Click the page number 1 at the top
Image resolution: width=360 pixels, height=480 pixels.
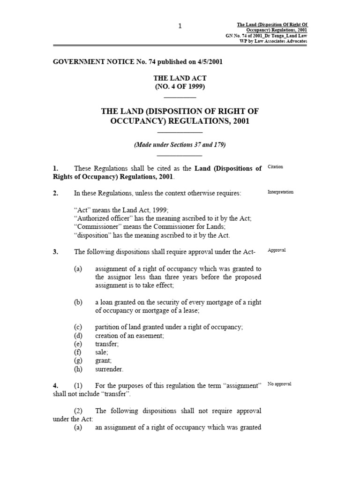pyautogui.click(x=180, y=26)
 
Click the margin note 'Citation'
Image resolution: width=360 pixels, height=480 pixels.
pyautogui.click(x=275, y=167)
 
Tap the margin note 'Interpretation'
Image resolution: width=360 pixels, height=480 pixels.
pyautogui.click(x=280, y=192)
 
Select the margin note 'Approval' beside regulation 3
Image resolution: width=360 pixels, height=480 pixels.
pyautogui.click(x=277, y=250)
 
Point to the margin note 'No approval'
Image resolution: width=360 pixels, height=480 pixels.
pyautogui.click(x=279, y=384)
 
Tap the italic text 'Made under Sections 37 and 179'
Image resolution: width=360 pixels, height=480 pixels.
pyautogui.click(x=180, y=145)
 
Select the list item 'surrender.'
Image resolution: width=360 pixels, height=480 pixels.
pyautogui.click(x=109, y=369)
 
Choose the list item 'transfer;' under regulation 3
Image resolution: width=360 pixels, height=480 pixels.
pyautogui.click(x=107, y=344)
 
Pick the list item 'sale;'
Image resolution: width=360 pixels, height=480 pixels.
pyautogui.click(x=102, y=352)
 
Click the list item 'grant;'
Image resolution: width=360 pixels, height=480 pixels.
pyautogui.click(x=103, y=360)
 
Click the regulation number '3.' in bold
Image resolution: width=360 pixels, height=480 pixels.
pyautogui.click(x=55, y=252)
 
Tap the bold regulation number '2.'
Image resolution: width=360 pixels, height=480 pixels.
pyautogui.click(x=55, y=193)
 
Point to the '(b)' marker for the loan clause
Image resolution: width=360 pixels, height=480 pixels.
pyautogui.click(x=78, y=302)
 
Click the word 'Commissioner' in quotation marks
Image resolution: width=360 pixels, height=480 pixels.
pyautogui.click(x=97, y=227)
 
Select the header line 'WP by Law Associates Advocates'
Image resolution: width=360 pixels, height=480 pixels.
pyautogui.click(x=273, y=41)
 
